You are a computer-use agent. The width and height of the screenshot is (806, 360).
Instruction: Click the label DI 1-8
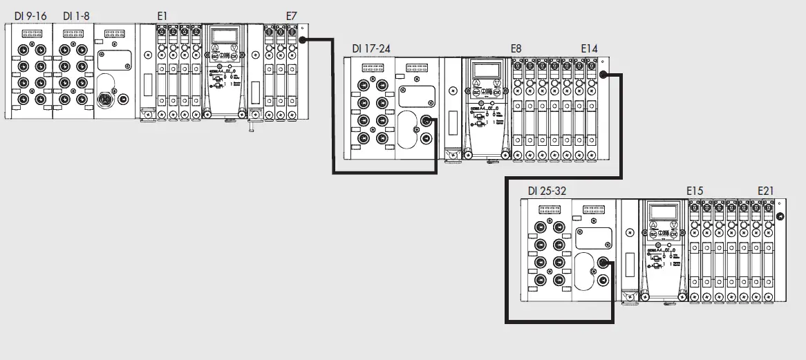76,16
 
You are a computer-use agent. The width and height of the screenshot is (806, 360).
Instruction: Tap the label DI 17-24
371,48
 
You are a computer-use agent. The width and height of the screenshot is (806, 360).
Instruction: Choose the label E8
516,48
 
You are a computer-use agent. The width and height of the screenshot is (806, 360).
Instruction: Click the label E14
590,48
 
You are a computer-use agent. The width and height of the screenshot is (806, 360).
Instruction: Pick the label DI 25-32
547,191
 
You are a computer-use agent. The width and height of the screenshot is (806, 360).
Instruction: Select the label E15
695,191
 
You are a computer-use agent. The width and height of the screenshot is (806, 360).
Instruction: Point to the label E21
766,191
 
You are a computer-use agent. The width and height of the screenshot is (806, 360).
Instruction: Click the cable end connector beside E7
303,39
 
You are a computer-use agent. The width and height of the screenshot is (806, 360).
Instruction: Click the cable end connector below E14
603,75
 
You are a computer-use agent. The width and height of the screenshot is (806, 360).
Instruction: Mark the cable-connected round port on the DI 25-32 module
603,263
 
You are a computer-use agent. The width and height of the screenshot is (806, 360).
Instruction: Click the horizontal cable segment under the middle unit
384,173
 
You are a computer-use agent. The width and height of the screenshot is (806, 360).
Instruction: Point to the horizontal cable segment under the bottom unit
560,321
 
